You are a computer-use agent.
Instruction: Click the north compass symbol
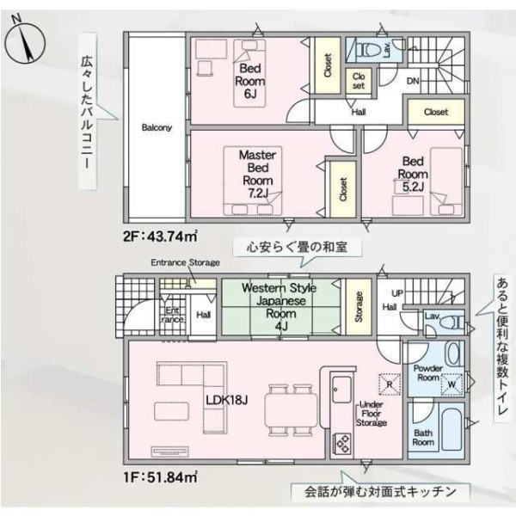tap(24, 43)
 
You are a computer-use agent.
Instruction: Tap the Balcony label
tap(157, 127)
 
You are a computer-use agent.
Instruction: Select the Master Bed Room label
tap(258, 174)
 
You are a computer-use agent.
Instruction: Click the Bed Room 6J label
tap(250, 81)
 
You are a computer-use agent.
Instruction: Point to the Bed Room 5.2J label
tap(413, 174)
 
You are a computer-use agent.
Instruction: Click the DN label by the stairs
tap(413, 81)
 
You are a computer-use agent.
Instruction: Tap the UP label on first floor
tap(397, 293)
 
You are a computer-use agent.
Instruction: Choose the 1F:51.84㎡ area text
tap(160, 476)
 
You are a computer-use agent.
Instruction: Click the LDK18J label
tap(227, 400)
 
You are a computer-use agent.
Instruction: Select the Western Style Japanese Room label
tap(279, 307)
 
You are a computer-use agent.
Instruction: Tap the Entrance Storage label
tap(185, 262)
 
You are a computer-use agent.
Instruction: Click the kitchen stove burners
tap(342, 443)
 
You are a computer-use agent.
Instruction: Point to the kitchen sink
tap(341, 390)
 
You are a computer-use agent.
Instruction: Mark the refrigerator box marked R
tap(390, 384)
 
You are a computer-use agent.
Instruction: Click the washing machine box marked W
tap(451, 384)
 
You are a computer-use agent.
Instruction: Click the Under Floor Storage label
tap(372, 414)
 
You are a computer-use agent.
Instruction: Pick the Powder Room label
tap(427, 373)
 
